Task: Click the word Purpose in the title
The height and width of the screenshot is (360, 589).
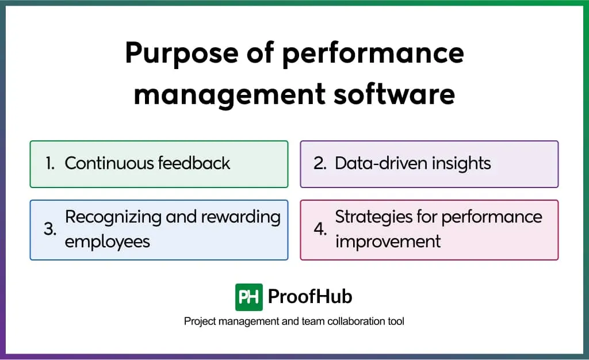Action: pos(175,53)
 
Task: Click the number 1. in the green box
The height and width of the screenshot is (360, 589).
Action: pos(50,164)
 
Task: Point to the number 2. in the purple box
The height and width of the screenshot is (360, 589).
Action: pos(320,164)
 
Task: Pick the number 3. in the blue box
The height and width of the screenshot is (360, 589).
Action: pos(50,229)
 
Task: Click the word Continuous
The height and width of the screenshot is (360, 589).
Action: pos(107,163)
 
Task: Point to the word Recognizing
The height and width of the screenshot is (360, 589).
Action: pos(113,217)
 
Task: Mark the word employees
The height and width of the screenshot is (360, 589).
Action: pos(107,242)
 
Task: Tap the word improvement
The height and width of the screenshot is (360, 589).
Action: pos(388,242)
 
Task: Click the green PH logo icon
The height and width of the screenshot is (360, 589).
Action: pos(248,297)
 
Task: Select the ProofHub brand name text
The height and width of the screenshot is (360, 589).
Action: pos(310,297)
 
